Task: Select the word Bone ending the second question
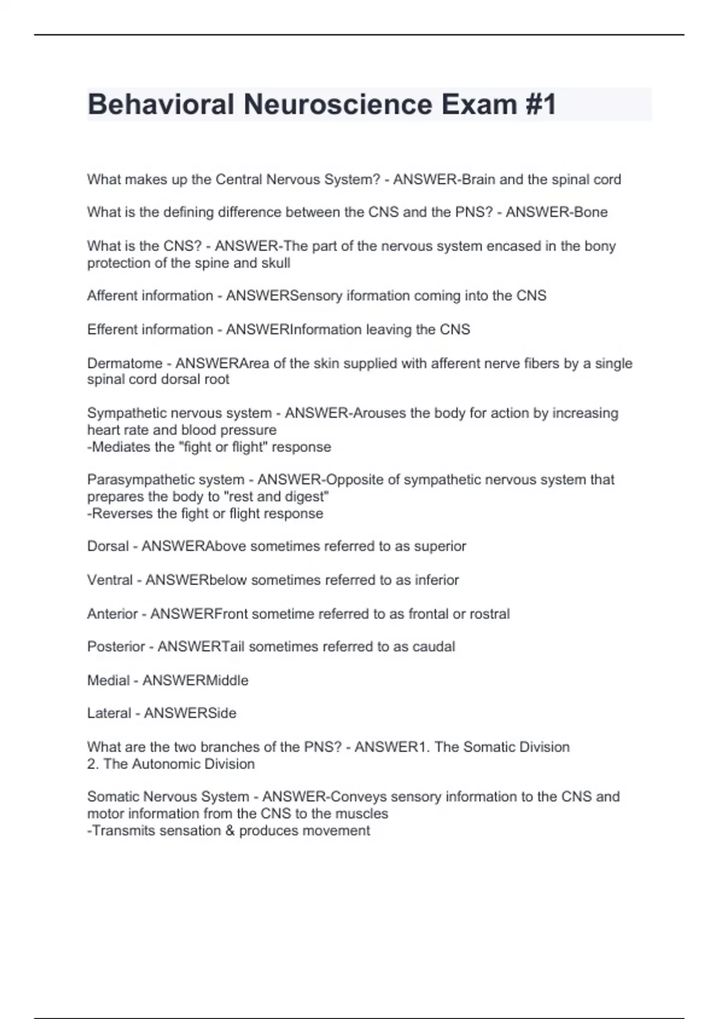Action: coord(591,212)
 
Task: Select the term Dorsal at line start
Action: coord(108,546)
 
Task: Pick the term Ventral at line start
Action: coord(110,580)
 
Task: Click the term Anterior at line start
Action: coord(113,614)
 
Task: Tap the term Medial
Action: coord(108,680)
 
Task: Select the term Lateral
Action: coord(109,713)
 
